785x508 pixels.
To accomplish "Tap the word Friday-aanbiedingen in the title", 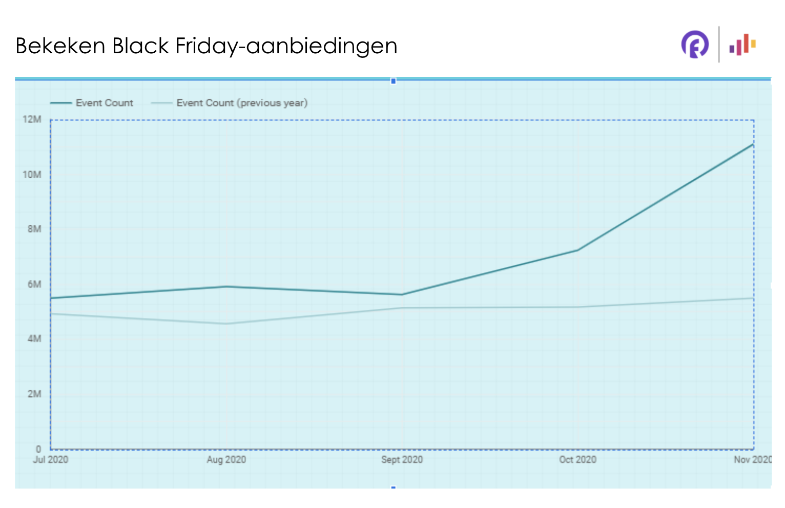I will click(286, 47).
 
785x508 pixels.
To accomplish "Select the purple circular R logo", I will click(695, 45).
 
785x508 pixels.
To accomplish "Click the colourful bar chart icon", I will click(742, 45).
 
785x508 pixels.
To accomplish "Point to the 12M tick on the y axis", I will click(32, 119).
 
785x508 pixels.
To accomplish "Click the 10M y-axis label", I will click(32, 175).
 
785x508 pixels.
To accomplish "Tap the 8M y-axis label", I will click(34, 229).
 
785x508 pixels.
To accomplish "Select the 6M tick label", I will click(34, 284).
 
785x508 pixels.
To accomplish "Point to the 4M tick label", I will click(34, 338).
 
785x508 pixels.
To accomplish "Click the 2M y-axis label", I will click(34, 394).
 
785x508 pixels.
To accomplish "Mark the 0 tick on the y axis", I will click(38, 449).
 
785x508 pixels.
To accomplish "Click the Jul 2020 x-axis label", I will click(51, 459).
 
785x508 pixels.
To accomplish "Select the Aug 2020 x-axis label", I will click(226, 459).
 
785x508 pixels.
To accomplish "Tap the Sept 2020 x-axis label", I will click(402, 459).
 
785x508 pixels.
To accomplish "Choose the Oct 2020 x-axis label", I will click(577, 459).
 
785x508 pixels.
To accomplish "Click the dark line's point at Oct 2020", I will click(578, 250).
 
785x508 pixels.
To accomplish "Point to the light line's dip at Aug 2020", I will click(226, 324).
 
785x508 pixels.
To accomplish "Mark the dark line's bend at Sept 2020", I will click(402, 294).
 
